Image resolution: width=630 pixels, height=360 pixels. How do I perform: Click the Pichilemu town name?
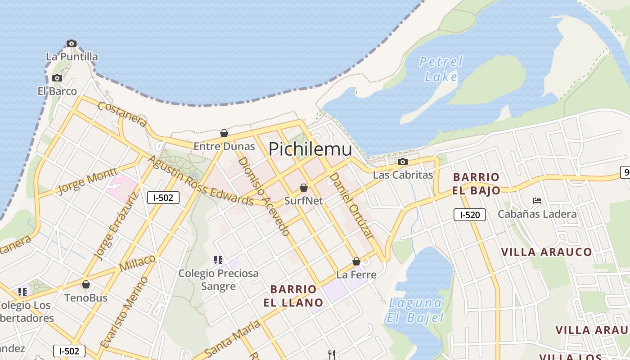tap(310, 149)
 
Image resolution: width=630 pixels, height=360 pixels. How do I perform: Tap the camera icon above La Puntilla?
tap(72, 44)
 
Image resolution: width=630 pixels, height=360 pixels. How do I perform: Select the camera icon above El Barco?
tap(57, 78)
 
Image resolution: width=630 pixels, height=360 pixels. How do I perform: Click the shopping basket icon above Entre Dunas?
tap(224, 133)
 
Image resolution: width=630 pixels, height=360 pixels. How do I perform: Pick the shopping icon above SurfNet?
tap(304, 188)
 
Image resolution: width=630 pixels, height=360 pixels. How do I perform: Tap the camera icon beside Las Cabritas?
tap(403, 162)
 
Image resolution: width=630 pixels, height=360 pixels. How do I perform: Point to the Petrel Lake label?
tap(441, 69)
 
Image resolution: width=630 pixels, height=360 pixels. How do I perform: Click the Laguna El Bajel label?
tap(415, 310)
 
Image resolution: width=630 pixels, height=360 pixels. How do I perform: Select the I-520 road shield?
tap(469, 215)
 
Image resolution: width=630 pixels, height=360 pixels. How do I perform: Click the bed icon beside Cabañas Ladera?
tap(537, 201)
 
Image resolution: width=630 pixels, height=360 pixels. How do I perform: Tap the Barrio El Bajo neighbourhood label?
tap(476, 184)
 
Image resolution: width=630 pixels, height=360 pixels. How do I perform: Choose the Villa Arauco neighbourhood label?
tap(547, 252)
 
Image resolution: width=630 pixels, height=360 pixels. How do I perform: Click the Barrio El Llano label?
tap(293, 296)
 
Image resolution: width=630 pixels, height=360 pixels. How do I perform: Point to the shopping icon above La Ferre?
tap(356, 261)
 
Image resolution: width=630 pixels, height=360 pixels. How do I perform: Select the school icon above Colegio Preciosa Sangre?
tap(218, 260)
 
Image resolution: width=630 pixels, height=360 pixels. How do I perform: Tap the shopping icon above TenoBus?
tap(86, 285)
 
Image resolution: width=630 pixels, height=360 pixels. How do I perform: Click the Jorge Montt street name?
tap(88, 180)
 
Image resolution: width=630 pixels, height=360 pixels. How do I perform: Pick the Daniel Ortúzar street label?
tap(352, 205)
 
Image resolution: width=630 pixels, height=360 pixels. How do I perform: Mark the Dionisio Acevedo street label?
tap(263, 196)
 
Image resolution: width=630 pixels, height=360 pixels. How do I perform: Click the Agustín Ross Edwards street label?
tap(201, 180)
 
